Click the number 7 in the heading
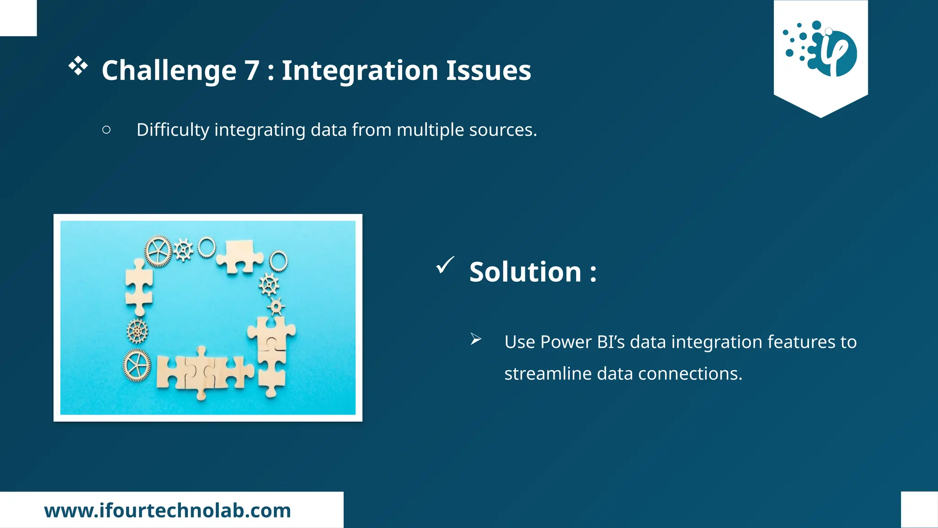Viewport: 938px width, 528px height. tap(252, 71)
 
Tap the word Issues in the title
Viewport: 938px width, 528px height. tap(488, 71)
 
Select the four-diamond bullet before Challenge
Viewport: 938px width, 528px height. tap(78, 66)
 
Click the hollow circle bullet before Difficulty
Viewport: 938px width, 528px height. tap(106, 130)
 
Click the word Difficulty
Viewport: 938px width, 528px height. tap(173, 130)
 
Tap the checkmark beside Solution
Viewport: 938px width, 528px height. tap(445, 265)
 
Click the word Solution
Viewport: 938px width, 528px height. tap(525, 272)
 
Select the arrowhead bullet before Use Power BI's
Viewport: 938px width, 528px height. tap(476, 339)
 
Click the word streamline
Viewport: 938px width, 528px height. tap(548, 374)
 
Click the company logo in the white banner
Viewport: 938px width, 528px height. tap(820, 48)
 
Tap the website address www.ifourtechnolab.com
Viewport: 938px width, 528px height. tap(168, 511)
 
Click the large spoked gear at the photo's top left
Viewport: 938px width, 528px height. tap(158, 251)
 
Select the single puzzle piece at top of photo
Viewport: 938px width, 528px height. tap(239, 257)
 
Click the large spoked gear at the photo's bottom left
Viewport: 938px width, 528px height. tap(136, 365)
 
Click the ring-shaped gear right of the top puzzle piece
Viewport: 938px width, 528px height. tap(278, 261)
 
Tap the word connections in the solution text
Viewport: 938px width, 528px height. tap(690, 374)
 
